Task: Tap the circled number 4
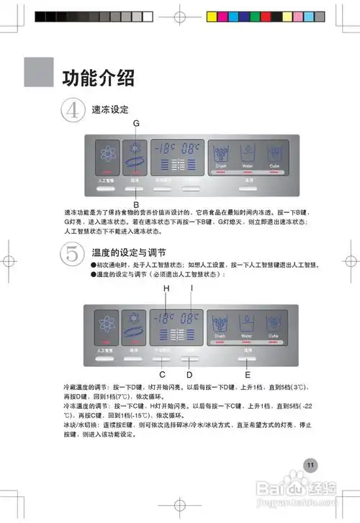pyautogui.click(x=72, y=112)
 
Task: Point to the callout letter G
pyautogui.click(x=135, y=124)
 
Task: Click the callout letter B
pyautogui.click(x=135, y=204)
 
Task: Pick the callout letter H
pyautogui.click(x=166, y=288)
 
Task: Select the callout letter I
pyautogui.click(x=192, y=288)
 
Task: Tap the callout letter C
pyautogui.click(x=162, y=374)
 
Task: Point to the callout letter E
pyautogui.click(x=248, y=374)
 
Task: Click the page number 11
pyautogui.click(x=310, y=464)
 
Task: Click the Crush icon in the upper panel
pyautogui.click(x=221, y=154)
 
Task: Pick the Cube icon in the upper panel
pyautogui.click(x=274, y=154)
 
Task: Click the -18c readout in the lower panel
pyautogui.click(x=165, y=317)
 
